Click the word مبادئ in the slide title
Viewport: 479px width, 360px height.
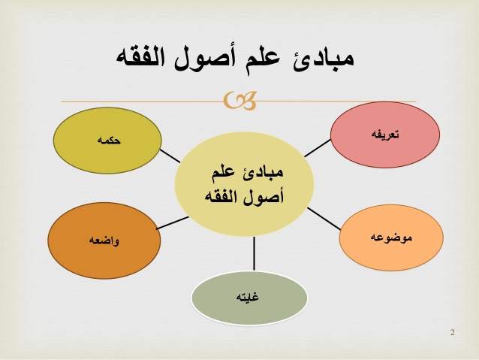323,59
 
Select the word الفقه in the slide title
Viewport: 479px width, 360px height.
140,57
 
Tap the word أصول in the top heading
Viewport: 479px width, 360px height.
205,57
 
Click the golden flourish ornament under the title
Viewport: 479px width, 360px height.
239,100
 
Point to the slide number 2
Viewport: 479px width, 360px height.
453,332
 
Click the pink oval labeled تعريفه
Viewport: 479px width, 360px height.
385,135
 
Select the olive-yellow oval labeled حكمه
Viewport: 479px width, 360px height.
107,141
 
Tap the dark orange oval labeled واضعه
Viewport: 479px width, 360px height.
104,241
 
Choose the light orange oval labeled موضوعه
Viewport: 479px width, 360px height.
391,237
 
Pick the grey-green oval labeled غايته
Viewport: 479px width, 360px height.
249,298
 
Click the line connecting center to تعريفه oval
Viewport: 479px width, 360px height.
318,148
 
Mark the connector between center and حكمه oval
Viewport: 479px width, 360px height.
170,156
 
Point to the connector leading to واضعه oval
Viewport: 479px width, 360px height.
172,223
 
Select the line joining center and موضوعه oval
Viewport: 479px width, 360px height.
324,219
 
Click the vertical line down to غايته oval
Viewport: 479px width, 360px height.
254,254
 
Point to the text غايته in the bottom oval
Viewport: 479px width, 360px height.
247,297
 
